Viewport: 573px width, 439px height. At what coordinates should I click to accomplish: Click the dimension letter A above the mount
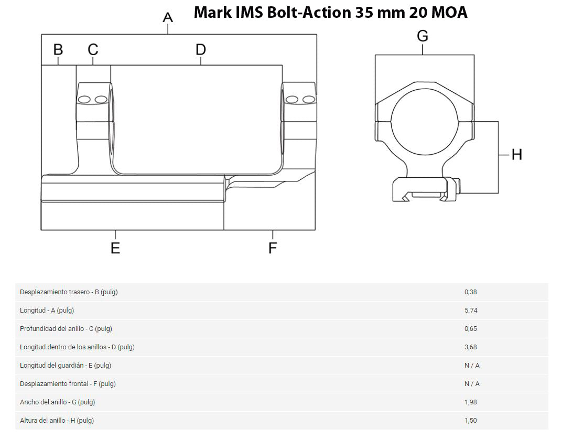click(168, 17)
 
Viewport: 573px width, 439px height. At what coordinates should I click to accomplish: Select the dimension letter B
click(58, 49)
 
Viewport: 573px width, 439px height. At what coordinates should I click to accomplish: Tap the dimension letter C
click(93, 49)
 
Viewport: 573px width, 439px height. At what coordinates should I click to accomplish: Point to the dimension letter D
click(201, 49)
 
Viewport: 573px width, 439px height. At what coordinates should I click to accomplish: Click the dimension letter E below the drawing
click(115, 248)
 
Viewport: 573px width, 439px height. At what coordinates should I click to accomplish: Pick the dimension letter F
click(273, 248)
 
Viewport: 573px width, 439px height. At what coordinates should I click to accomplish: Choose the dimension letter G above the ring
click(423, 36)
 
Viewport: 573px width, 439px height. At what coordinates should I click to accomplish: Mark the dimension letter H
click(517, 155)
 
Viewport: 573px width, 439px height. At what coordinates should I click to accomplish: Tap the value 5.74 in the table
click(471, 310)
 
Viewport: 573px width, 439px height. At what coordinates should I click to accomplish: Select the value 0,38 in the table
click(471, 292)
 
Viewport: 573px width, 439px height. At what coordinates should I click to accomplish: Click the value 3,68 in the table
click(471, 347)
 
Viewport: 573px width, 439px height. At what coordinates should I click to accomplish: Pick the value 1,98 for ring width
click(471, 402)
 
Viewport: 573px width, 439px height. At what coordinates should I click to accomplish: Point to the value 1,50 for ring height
click(471, 421)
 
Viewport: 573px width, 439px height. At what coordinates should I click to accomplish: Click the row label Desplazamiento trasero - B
click(69, 292)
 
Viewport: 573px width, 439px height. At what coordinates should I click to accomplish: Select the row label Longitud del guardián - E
click(66, 366)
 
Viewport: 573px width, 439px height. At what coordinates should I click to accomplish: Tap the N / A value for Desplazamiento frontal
click(472, 384)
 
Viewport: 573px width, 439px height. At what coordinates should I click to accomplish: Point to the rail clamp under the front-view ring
click(426, 190)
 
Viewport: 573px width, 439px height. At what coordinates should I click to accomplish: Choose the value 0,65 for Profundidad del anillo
click(471, 329)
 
